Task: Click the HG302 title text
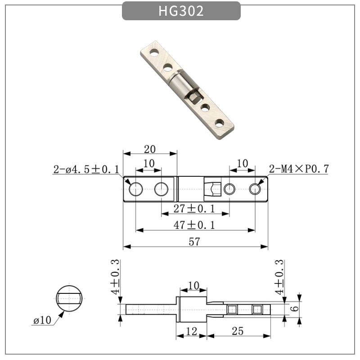[181, 11]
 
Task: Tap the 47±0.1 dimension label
[194, 225]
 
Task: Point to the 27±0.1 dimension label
[194, 208]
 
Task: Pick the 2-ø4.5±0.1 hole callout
[86, 170]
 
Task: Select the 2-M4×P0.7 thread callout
[299, 169]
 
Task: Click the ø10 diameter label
[43, 320]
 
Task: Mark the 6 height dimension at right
[294, 309]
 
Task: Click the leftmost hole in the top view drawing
[135, 189]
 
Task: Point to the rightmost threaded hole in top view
[255, 189]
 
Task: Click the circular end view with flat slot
[69, 298]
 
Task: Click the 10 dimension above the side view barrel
[193, 285]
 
